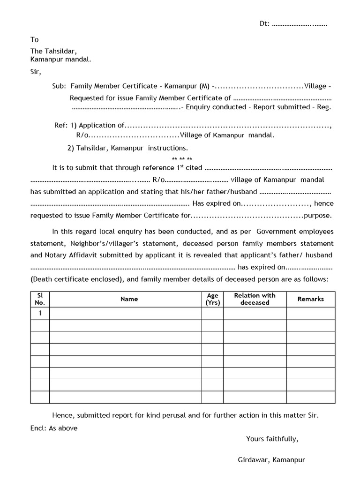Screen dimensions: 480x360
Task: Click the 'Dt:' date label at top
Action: click(265, 24)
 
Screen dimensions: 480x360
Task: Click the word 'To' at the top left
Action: click(35, 40)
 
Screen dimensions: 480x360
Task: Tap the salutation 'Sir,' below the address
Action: click(36, 72)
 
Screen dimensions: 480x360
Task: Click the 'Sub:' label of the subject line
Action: click(59, 86)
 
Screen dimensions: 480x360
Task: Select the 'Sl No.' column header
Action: click(40, 299)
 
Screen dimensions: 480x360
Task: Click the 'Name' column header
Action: click(129, 299)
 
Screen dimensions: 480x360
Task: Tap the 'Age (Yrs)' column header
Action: click(212, 299)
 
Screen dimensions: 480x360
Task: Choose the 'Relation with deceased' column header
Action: click(255, 299)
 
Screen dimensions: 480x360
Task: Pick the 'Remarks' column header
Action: click(310, 299)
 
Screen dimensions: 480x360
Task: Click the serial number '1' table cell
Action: click(40, 313)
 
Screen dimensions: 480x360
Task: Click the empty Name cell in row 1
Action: click(126, 313)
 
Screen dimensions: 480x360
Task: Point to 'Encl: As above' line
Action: click(54, 428)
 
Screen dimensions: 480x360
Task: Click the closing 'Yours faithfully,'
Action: click(272, 439)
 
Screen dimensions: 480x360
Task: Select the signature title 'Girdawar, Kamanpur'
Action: click(271, 460)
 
